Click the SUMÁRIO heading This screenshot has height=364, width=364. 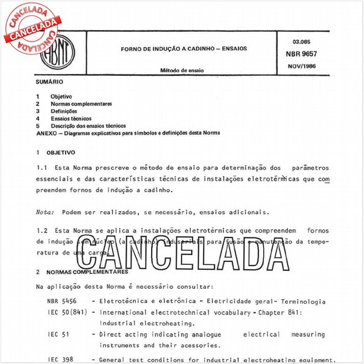49,81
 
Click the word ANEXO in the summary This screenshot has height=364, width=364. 46,133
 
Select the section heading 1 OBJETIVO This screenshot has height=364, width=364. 56,152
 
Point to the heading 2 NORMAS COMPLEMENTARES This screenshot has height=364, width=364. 76,270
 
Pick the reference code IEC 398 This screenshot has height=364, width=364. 59,358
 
